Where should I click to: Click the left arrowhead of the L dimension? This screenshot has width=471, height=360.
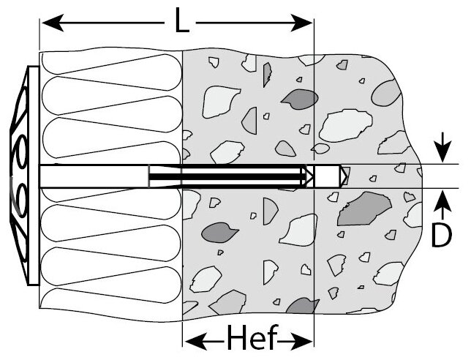(x=48, y=25)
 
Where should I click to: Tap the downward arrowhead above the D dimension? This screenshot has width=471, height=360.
(x=440, y=156)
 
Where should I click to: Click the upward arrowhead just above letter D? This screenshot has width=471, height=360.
(x=440, y=198)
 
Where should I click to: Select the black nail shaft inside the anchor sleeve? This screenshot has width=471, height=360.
(x=227, y=176)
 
